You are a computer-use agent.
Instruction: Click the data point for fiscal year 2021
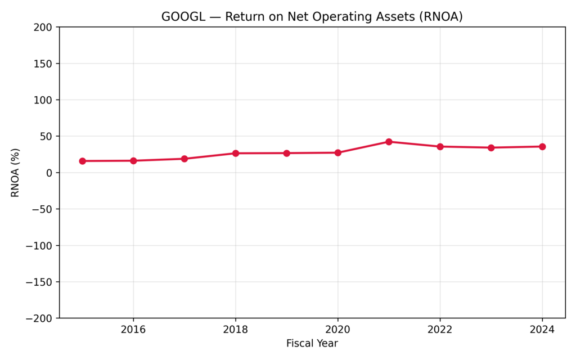coord(389,142)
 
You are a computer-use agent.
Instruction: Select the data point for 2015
coord(82,161)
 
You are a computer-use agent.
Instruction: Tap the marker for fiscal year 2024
coord(542,147)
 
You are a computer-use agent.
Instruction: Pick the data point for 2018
coord(236,153)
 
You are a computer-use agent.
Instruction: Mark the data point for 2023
coord(491,148)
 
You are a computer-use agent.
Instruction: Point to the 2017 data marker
coord(184,159)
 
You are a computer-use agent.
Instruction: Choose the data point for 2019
coord(286,153)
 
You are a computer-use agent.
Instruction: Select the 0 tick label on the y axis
coord(49,173)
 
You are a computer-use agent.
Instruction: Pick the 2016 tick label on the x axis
coord(133,330)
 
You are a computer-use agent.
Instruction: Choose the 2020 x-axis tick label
coord(337,330)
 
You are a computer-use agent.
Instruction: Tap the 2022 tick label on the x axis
coord(440,330)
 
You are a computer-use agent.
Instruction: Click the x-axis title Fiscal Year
coord(312,343)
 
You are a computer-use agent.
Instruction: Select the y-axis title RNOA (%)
coord(15,173)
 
